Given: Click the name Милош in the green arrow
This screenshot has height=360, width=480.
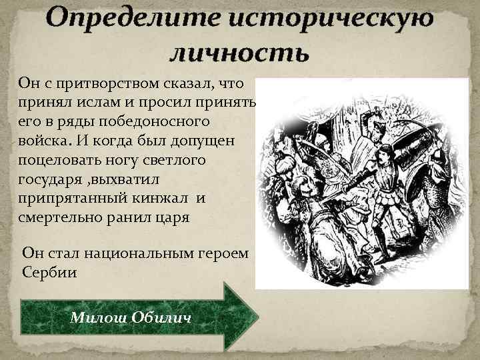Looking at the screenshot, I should point(94,317).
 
